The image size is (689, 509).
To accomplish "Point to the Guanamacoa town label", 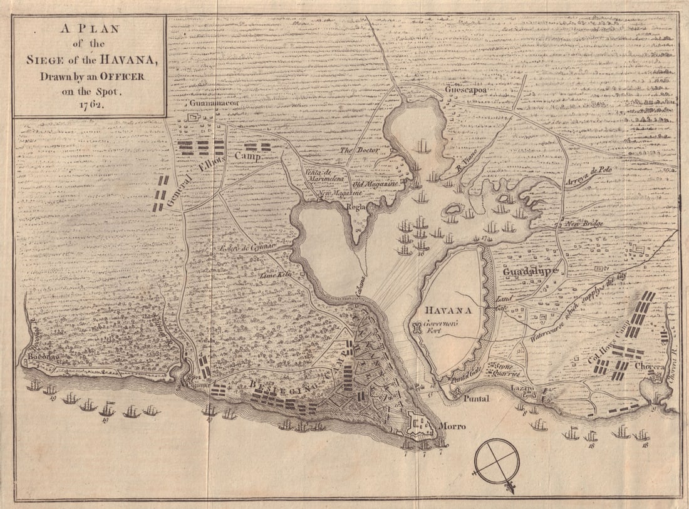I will [x=213, y=103].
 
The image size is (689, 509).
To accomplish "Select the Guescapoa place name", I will [x=465, y=90].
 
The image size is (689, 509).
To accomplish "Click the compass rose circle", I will [x=497, y=462].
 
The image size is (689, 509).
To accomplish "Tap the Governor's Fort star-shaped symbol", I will [x=417, y=327].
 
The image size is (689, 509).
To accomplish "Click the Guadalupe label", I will [x=529, y=272].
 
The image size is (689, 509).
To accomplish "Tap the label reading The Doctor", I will [x=356, y=151].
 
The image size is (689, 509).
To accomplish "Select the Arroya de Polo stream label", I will [x=588, y=172].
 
